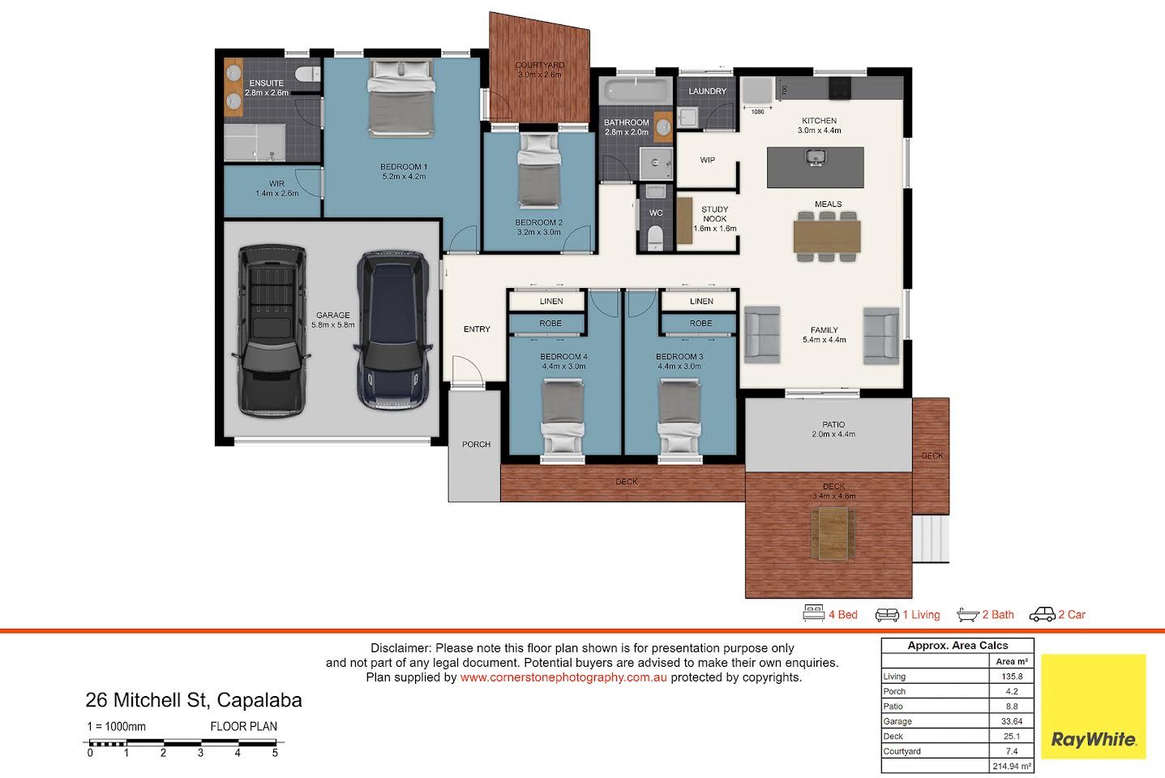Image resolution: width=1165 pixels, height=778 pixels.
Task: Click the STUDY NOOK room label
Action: click(x=714, y=214)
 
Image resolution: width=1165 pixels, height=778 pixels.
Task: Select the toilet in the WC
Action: click(x=655, y=237)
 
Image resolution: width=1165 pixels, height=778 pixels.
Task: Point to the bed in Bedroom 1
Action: click(x=401, y=98)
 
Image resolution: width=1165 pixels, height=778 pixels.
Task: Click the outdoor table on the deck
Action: click(x=833, y=534)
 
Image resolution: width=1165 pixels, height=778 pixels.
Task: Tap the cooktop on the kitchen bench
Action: click(x=840, y=88)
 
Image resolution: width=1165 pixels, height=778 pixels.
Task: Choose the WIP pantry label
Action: click(x=707, y=161)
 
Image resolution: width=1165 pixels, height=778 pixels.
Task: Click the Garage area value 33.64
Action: click(x=1012, y=721)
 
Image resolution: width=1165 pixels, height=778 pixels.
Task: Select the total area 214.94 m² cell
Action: click(x=1012, y=766)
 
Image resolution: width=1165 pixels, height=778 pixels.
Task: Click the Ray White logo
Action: click(x=1093, y=706)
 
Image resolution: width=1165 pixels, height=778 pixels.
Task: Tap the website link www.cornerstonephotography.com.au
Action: click(x=563, y=677)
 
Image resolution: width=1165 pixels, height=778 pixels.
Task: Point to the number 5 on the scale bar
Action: click(x=275, y=753)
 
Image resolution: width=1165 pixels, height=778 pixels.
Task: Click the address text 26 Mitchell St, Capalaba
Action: click(x=194, y=700)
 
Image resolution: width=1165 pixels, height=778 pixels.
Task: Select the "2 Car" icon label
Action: click(x=1072, y=615)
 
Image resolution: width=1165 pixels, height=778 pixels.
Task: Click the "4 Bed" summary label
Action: click(x=842, y=615)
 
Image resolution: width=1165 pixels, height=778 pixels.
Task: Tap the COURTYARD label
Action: click(x=539, y=65)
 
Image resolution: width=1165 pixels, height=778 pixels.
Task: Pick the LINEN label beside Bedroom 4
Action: click(x=551, y=301)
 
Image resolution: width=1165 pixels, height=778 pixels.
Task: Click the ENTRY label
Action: click(x=477, y=329)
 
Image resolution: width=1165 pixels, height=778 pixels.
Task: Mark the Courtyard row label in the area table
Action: click(x=902, y=751)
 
